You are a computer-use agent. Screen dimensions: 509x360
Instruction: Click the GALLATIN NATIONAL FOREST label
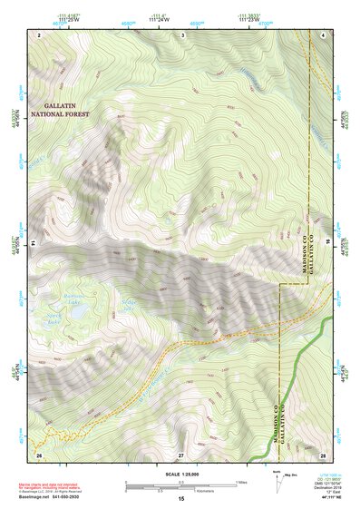pyautogui.click(x=65, y=111)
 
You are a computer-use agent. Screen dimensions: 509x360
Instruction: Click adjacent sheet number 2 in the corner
pyautogui.click(x=40, y=34)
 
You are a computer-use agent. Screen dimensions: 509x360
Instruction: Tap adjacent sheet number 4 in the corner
pyautogui.click(x=324, y=34)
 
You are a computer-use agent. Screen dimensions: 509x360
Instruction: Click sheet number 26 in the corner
pyautogui.click(x=39, y=453)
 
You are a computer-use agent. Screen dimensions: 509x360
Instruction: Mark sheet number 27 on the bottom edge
pyautogui.click(x=180, y=453)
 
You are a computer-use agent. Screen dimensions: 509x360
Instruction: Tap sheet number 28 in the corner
pyautogui.click(x=322, y=453)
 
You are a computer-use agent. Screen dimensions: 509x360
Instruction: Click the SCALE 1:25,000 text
pyautogui.click(x=180, y=473)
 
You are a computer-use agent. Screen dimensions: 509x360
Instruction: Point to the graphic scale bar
pyautogui.click(x=180, y=485)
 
